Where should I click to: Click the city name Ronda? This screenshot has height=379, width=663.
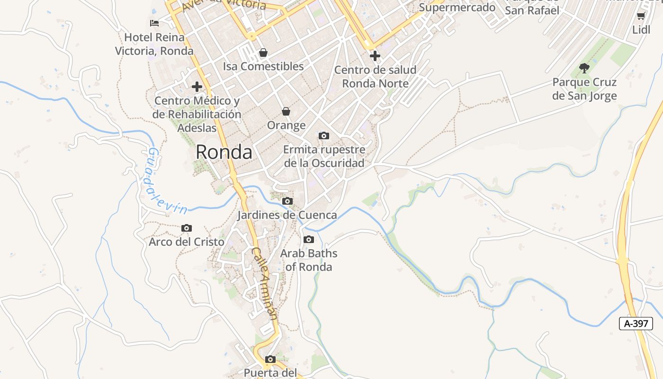224,152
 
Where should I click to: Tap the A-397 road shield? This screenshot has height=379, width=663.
636,324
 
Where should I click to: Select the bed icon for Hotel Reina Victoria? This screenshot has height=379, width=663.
154,23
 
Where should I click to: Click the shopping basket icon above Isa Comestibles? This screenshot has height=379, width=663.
263,53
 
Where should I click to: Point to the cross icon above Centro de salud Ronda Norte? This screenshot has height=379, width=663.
375,56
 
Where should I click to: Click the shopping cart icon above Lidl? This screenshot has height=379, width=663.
641,17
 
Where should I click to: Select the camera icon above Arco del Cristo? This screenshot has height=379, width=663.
187,228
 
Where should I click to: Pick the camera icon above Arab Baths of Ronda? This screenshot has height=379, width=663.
309,240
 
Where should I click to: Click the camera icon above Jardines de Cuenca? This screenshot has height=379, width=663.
287,201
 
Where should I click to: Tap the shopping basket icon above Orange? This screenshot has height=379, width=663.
286,112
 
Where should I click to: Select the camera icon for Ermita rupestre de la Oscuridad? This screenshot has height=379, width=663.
324,136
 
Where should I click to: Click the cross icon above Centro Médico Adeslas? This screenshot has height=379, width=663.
197,87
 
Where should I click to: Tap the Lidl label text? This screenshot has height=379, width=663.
641,30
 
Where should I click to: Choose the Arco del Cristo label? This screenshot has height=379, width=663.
187,242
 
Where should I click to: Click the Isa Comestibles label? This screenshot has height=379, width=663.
263,66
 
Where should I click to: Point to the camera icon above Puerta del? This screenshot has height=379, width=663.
270,360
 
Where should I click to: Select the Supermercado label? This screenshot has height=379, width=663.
457,7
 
